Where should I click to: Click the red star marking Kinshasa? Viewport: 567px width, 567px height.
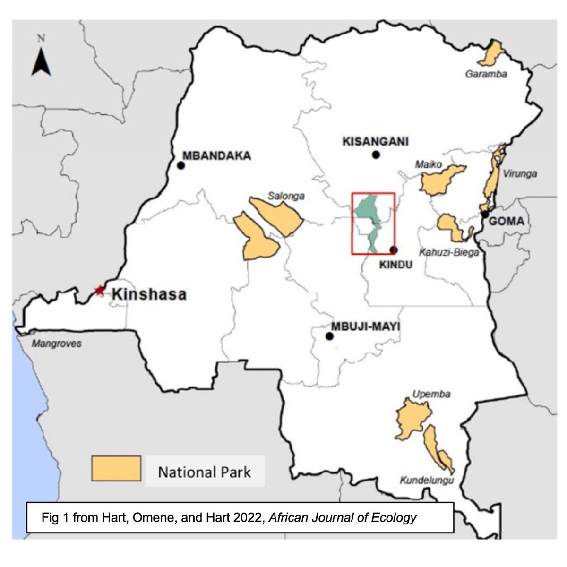pos(99,290)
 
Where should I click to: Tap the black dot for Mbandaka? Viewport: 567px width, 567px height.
pos(180,165)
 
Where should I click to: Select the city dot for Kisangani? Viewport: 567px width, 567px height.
pos(376,155)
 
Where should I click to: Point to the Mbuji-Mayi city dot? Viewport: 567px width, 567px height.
pos(329,336)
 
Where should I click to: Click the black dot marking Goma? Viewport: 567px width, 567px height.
pos(485,214)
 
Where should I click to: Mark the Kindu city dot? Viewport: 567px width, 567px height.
pos(394,250)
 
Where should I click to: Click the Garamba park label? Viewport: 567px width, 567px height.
pos(486,74)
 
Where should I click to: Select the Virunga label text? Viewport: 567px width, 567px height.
pos(520,173)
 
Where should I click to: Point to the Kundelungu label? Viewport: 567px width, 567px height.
pos(427,481)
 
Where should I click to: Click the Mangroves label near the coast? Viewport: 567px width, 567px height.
pos(56,344)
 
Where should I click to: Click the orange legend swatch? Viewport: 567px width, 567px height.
pos(116,468)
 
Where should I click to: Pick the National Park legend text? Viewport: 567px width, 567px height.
pos(204,472)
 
